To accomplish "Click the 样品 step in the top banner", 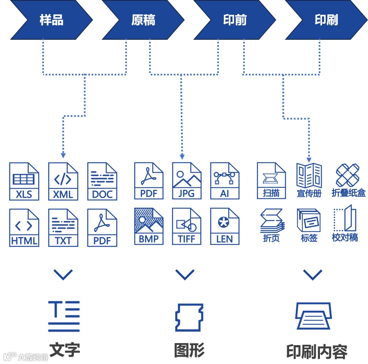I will (x=52, y=20).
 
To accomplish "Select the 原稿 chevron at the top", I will (x=143, y=20).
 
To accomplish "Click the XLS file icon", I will (x=24, y=181).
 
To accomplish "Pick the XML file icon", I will (x=63, y=181).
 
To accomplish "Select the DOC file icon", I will (x=102, y=181).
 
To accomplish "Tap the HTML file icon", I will (x=24, y=227).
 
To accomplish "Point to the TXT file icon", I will (x=63, y=227).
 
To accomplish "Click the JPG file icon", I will (x=187, y=181).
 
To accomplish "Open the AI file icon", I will (x=225, y=181).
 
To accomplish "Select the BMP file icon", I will (x=149, y=226).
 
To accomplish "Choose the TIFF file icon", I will (x=187, y=226).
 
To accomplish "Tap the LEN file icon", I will (x=225, y=226).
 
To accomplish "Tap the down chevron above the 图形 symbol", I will (x=185, y=275).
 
